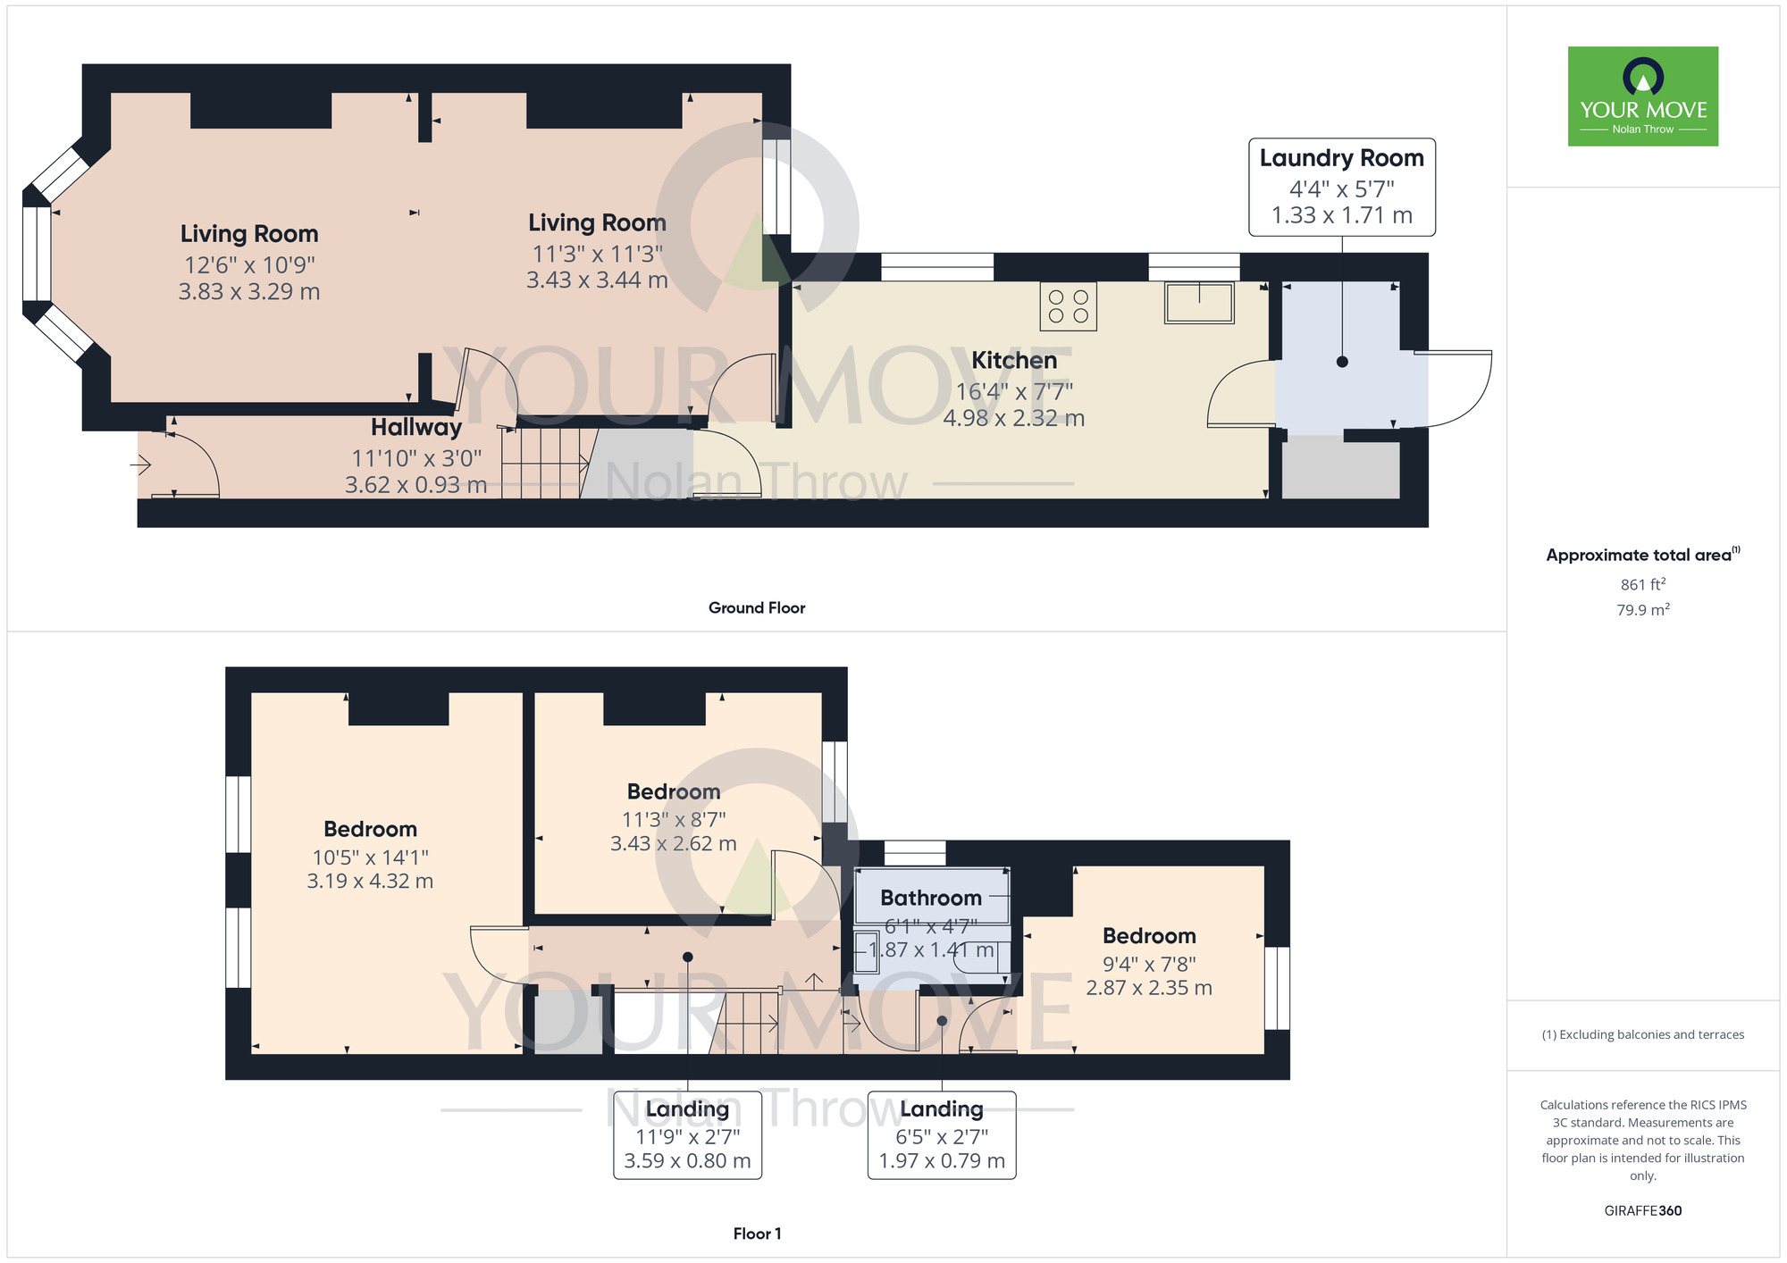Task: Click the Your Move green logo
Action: [1642, 96]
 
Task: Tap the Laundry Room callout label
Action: [1341, 187]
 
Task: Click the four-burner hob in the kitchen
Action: [1068, 306]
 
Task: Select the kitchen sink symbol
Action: [1199, 302]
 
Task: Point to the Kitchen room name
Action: [1013, 360]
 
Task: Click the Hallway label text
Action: [416, 427]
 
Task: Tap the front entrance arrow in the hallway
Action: [141, 464]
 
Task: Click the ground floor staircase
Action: [544, 463]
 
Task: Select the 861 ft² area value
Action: [1642, 584]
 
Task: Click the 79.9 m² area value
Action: [1642, 610]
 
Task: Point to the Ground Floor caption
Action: [756, 607]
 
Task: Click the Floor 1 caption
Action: [756, 1234]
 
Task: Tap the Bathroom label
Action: [930, 898]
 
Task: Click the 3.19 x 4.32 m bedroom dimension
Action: [370, 881]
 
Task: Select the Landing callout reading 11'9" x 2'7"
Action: [687, 1134]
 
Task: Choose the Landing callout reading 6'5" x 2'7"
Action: [941, 1134]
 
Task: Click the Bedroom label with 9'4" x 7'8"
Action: [1148, 936]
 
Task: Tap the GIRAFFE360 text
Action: [1642, 1211]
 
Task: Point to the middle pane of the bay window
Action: [37, 254]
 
